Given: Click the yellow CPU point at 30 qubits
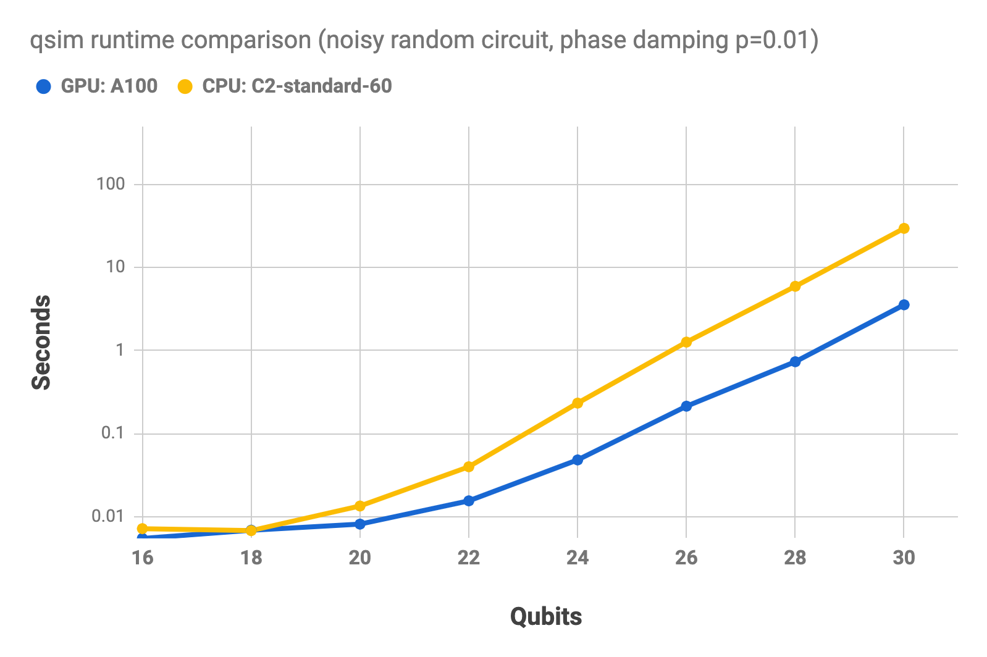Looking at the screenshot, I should (x=904, y=228).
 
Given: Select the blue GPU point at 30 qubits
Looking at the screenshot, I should (x=904, y=304).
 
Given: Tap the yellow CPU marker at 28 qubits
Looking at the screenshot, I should (x=795, y=286).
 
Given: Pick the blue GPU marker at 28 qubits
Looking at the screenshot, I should (x=795, y=361).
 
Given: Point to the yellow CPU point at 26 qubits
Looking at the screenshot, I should (x=686, y=341).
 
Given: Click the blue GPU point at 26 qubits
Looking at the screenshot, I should (x=686, y=406).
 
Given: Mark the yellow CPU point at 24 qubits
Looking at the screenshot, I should (x=577, y=403).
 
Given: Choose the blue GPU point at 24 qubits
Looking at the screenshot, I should (x=577, y=459).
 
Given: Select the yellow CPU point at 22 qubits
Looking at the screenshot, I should (x=469, y=466).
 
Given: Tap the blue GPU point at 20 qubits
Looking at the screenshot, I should (x=360, y=524).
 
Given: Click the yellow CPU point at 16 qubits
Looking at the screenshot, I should (x=143, y=528).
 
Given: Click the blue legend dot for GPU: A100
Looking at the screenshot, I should (x=43, y=86).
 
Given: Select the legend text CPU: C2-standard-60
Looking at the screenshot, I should (x=297, y=86).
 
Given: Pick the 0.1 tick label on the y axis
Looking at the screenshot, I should (x=113, y=433).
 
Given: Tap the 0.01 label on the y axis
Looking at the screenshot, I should (x=108, y=516).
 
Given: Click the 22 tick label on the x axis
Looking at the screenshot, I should (x=469, y=558).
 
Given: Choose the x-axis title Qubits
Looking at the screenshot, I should (x=546, y=616).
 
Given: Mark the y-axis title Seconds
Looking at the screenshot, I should (x=41, y=342).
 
